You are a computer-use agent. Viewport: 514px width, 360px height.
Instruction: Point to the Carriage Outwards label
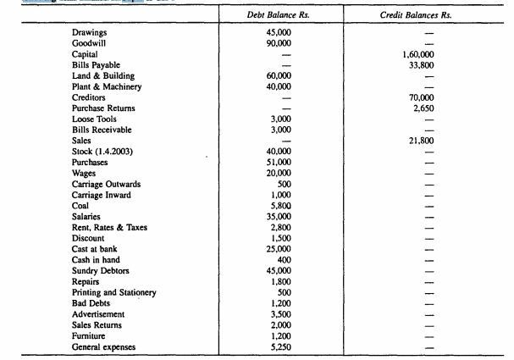(107, 184)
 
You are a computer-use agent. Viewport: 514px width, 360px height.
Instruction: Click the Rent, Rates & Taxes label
(111, 227)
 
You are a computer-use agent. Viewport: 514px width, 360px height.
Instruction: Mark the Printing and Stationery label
(114, 292)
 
